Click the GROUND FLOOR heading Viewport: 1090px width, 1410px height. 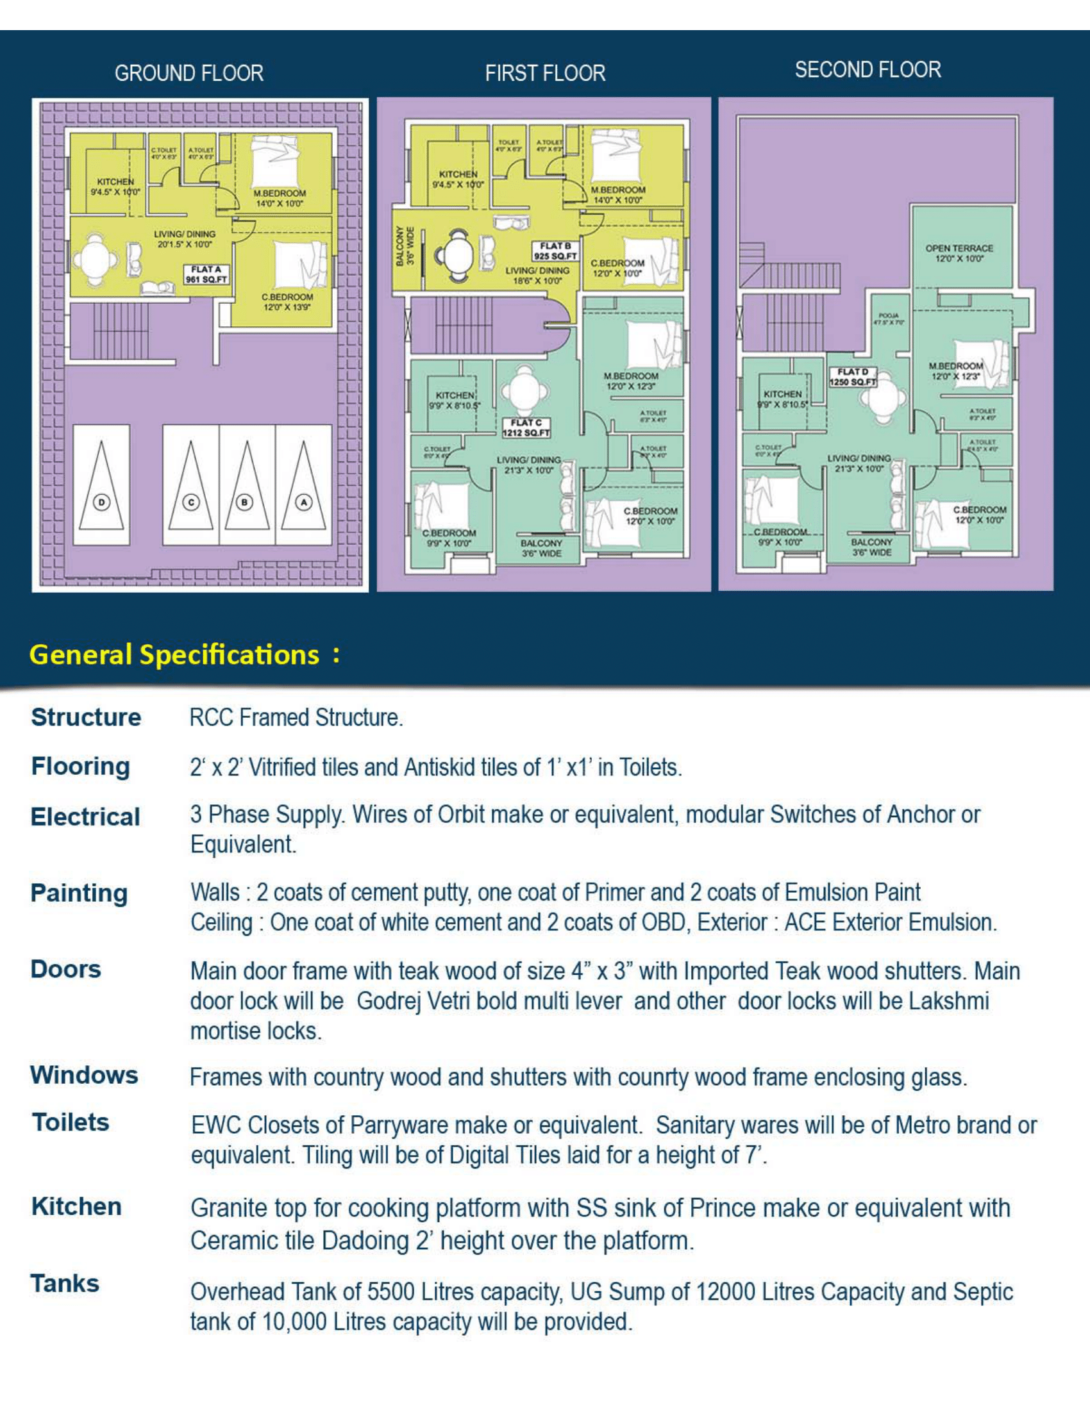click(x=189, y=73)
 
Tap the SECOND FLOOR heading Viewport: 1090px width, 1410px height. click(x=868, y=70)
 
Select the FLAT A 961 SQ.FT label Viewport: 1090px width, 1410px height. click(x=206, y=274)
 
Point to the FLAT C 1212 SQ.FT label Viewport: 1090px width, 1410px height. click(x=526, y=427)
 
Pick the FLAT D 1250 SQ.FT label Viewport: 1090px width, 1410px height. click(x=853, y=377)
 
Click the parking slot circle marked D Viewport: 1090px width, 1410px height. click(x=101, y=502)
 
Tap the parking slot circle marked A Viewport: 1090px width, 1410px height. click(x=303, y=502)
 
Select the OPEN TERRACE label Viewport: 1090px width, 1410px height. click(x=959, y=253)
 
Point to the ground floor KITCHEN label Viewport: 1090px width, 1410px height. click(x=115, y=186)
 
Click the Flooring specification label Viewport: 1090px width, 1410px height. click(x=81, y=767)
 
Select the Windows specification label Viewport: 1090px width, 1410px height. click(x=84, y=1075)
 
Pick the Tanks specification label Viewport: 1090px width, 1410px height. click(x=65, y=1284)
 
